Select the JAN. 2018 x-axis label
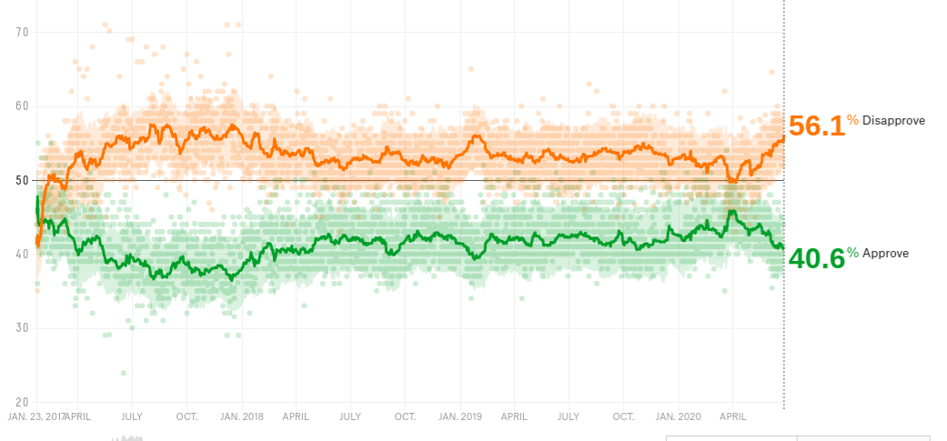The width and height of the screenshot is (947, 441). tap(241, 416)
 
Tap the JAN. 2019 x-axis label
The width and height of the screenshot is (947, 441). tap(459, 416)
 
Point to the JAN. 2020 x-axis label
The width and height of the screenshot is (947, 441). tap(678, 416)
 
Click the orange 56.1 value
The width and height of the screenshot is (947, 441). tap(816, 125)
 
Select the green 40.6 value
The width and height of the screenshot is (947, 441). tap(816, 259)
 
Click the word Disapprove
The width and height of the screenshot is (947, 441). tap(893, 121)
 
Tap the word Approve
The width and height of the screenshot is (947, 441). tap(885, 254)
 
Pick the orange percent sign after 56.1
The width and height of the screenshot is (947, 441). tap(852, 120)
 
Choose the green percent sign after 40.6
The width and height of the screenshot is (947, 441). tap(852, 253)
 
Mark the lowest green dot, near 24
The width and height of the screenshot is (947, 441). tap(124, 372)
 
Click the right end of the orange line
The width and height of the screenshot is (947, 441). tap(783, 137)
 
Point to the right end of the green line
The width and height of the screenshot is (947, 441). tap(782, 247)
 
